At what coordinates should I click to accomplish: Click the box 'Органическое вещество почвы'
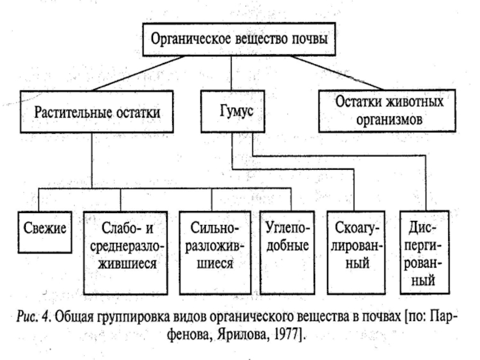[x=239, y=39]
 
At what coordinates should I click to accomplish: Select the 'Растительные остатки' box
[x=97, y=112]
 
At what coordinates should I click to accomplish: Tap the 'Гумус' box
[x=233, y=112]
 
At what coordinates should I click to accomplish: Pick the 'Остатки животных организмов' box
[x=387, y=111]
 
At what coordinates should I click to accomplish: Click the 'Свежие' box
[x=44, y=232]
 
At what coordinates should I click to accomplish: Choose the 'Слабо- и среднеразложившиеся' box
[x=125, y=253]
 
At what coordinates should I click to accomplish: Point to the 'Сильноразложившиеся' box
[x=215, y=253]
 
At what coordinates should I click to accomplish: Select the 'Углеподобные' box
[x=287, y=253]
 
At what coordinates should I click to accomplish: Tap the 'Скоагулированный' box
[x=356, y=253]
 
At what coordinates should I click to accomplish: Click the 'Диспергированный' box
[x=425, y=252]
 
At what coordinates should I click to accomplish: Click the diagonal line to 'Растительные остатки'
[x=139, y=73]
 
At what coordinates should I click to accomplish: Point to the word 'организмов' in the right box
[x=389, y=120]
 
